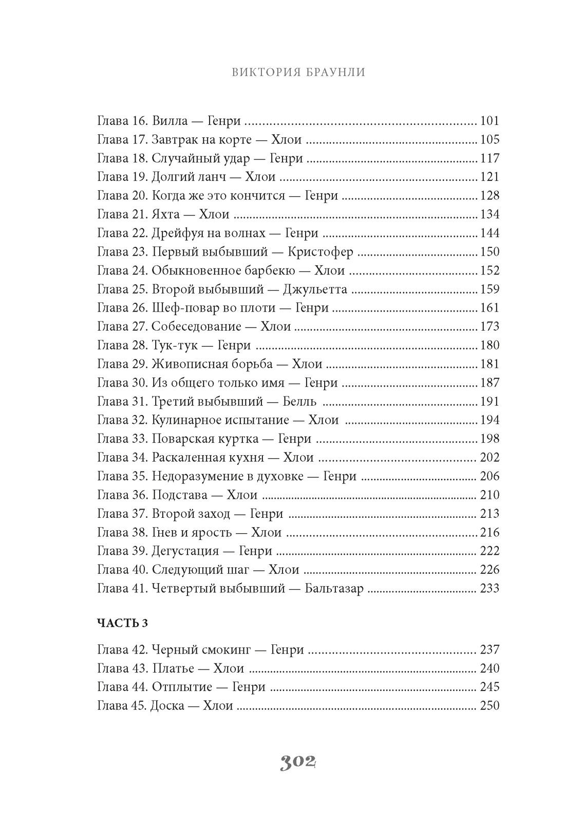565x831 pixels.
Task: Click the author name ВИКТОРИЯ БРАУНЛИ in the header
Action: [x=298, y=72]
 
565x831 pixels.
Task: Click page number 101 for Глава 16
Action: [x=489, y=121]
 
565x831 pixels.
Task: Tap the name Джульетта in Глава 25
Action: [x=315, y=290]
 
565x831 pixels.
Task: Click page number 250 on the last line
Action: [x=489, y=706]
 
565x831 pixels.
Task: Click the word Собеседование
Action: [x=196, y=327]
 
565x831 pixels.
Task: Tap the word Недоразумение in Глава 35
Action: [x=197, y=476]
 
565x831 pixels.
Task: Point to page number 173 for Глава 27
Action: [x=489, y=327]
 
